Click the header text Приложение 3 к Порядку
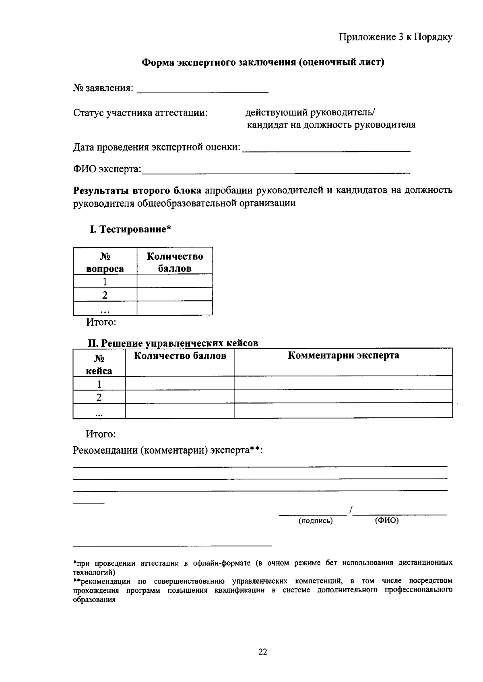[395, 37]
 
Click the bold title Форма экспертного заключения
[263, 62]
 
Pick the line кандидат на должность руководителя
[331, 125]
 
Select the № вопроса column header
[105, 262]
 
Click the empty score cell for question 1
[174, 281]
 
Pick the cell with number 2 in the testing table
[105, 295]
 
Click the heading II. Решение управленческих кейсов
[173, 343]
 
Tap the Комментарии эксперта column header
[343, 356]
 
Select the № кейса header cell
[99, 364]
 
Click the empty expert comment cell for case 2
[343, 397]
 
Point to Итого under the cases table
[101, 434]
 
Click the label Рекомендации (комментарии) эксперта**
[167, 450]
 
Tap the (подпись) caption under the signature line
[315, 521]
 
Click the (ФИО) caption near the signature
[386, 521]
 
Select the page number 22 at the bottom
[262, 652]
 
